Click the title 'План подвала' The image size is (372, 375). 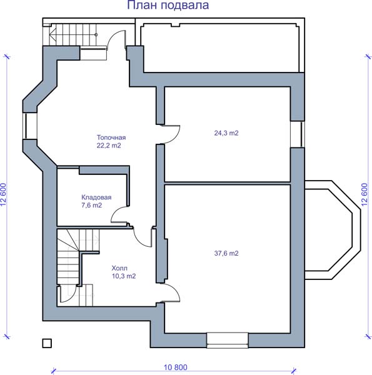[x=168, y=5]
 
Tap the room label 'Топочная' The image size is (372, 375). [x=111, y=137]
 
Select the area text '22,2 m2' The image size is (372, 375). [x=109, y=146]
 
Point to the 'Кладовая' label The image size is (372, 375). [x=96, y=197]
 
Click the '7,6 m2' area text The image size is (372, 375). [x=92, y=205]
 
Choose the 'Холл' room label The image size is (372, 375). [x=119, y=268]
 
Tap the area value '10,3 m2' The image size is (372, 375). [x=124, y=276]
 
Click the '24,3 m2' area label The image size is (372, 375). [x=226, y=133]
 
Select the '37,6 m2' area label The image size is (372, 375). [x=226, y=253]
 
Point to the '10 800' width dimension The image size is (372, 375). [x=175, y=367]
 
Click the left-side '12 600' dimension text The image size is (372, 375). [x=3, y=194]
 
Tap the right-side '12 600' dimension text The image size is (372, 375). [x=364, y=194]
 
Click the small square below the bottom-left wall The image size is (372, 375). [x=47, y=343]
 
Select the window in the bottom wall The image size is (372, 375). [x=228, y=341]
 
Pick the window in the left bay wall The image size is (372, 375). [x=30, y=126]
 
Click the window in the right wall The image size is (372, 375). [x=298, y=134]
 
